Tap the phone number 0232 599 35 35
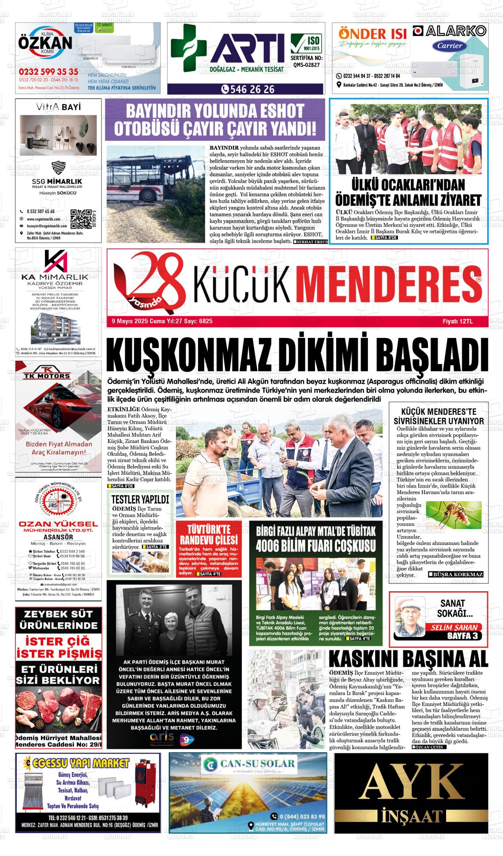pos(49,72)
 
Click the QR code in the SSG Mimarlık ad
pos(79,218)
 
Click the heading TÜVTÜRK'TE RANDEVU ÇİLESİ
pos(209,535)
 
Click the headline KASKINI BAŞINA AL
pos(409,658)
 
